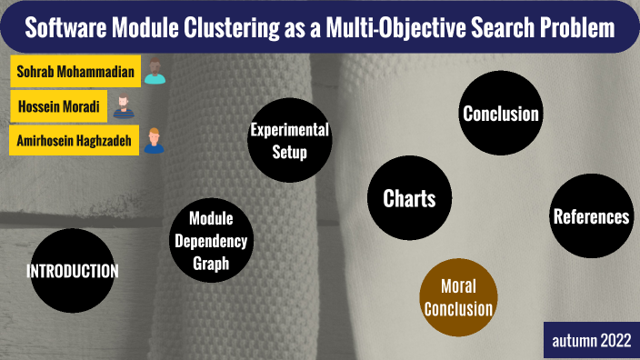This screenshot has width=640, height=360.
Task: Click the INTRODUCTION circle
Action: tap(73, 271)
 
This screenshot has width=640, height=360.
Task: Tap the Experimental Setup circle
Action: tap(289, 141)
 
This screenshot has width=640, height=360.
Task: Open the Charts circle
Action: tap(409, 198)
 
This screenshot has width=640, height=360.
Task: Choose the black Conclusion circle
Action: tap(501, 114)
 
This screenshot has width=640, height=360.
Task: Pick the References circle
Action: tap(591, 216)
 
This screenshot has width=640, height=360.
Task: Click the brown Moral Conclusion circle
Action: tap(459, 295)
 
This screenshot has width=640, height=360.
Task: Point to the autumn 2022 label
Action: tap(591, 341)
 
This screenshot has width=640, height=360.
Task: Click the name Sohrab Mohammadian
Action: tap(75, 71)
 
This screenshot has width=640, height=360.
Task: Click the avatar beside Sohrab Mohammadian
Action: tap(155, 71)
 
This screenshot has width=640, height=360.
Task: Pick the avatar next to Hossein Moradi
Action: tap(123, 106)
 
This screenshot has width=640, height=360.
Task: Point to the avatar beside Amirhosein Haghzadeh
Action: tap(155, 141)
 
